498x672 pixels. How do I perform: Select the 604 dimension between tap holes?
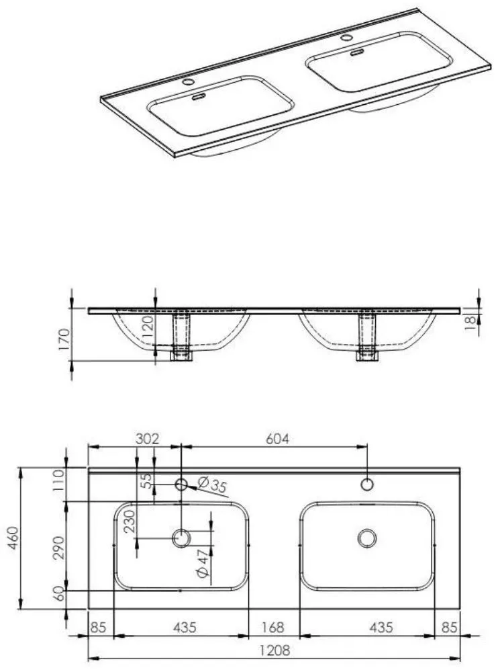pos(277,439)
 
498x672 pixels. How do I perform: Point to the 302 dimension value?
pos(147,439)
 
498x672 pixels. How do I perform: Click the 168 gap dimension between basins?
pos(272,628)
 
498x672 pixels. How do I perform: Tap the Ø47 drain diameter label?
pos(203,562)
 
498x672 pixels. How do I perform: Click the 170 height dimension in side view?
pos(64,339)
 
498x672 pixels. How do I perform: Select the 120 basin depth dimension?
pos(147,327)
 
